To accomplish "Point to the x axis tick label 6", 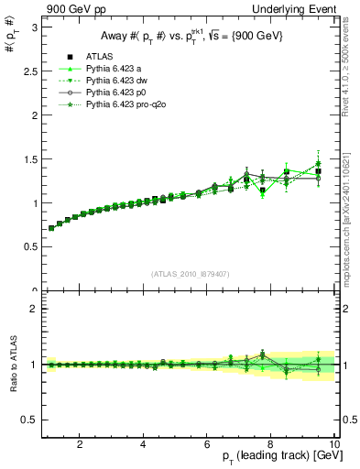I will tap(207, 445).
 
